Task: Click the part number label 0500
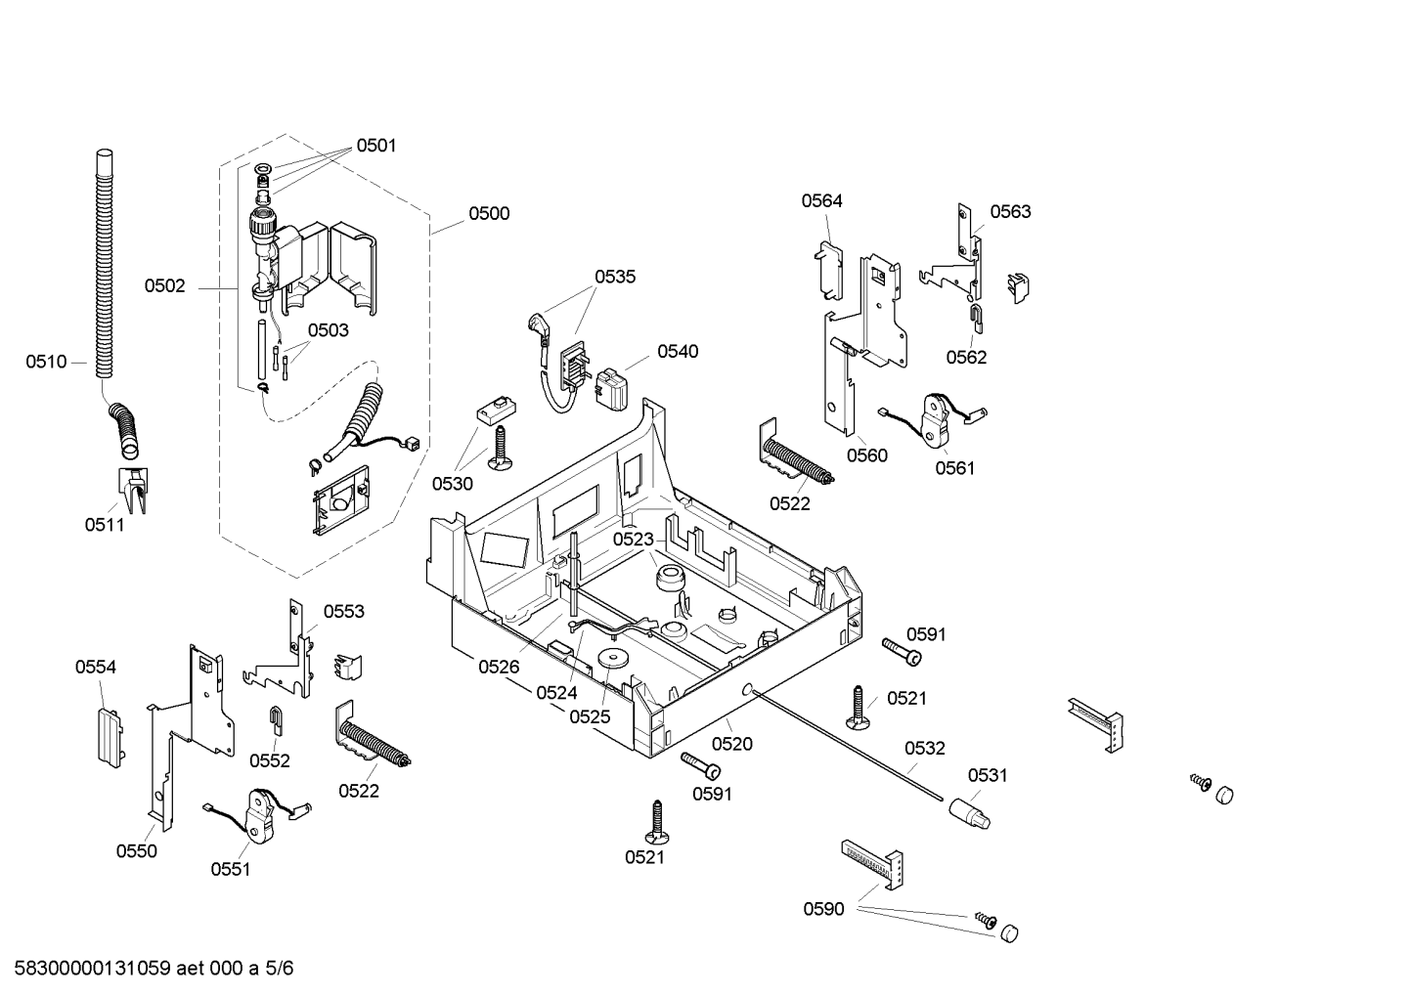point(489,214)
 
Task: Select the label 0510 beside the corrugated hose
point(46,362)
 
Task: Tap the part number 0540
point(678,352)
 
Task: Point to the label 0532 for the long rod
point(925,748)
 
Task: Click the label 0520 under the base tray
point(732,745)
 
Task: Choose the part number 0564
point(821,201)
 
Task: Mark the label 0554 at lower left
point(96,667)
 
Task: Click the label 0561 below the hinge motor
point(954,468)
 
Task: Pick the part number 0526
point(499,667)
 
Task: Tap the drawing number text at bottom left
point(154,969)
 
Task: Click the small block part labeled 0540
point(610,388)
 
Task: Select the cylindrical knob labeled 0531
point(969,813)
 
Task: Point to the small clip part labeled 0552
point(276,719)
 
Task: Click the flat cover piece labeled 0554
point(110,737)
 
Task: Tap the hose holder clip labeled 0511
point(134,489)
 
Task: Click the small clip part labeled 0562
point(975,318)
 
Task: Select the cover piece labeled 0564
point(828,271)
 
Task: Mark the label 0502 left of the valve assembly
point(165,286)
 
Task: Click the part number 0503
point(328,331)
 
